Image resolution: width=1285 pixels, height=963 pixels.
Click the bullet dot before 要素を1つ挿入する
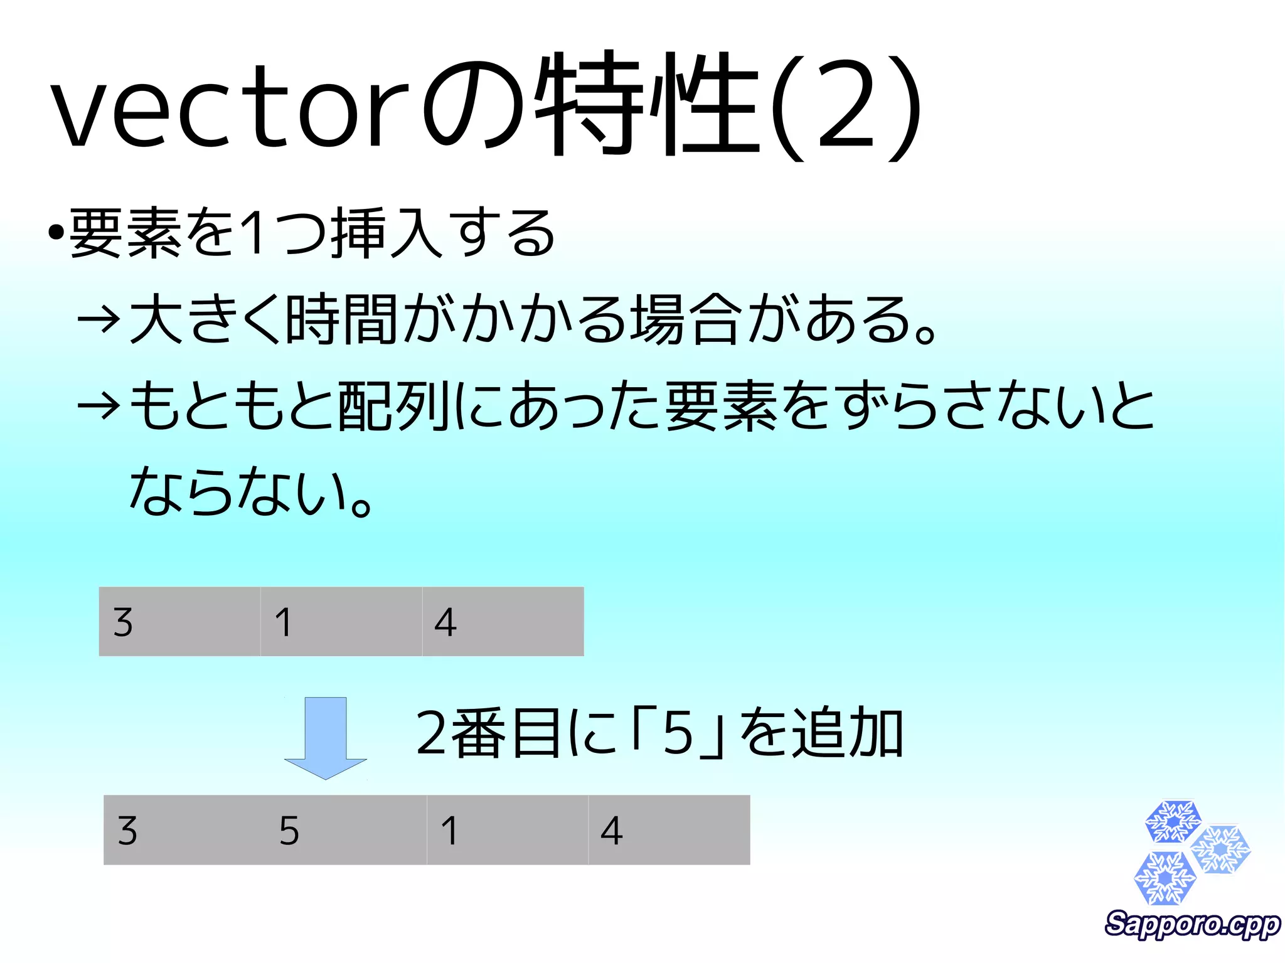pos(56,233)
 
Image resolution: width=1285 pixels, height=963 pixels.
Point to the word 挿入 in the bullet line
pos(389,233)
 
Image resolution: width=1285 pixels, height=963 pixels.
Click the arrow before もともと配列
pos(98,406)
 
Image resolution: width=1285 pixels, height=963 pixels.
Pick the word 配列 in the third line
pos(394,406)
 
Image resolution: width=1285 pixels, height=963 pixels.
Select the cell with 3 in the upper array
pos(179,622)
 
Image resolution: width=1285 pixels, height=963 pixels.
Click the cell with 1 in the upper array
pos(341,622)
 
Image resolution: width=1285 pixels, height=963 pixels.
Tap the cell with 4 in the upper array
pos(503,622)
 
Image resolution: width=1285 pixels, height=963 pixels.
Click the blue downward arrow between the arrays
pos(325,737)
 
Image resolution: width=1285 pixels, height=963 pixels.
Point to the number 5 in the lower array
pos(289,831)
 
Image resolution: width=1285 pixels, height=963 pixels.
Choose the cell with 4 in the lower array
pos(669,830)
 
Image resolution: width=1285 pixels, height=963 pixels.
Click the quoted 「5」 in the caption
pos(678,733)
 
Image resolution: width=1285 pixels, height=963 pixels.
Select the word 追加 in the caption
pos(847,733)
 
